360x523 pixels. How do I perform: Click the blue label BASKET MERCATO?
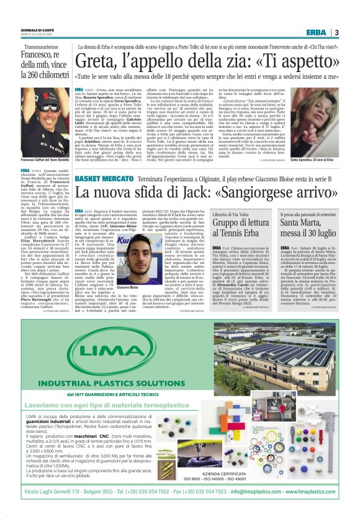[x=99, y=180]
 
